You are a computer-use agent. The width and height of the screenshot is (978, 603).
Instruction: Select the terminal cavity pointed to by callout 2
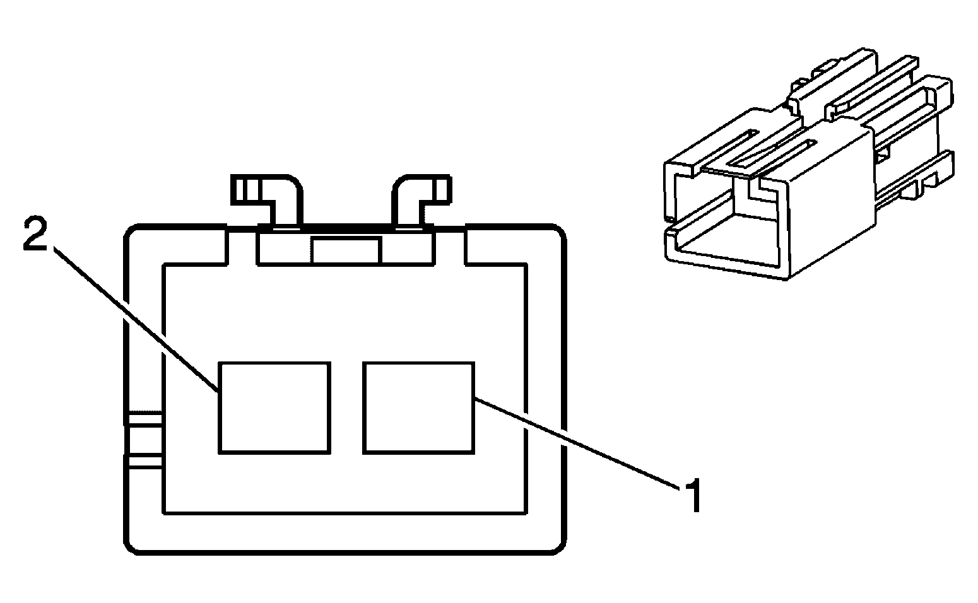[274, 408]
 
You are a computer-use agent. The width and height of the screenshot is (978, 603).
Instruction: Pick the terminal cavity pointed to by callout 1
[419, 408]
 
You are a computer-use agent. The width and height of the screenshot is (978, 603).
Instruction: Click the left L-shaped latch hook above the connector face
[267, 201]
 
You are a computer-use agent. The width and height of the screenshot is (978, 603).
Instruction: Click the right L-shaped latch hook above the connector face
[421, 201]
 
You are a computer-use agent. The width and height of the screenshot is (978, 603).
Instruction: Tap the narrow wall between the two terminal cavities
[346, 408]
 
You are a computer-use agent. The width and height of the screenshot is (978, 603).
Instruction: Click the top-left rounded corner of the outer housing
[131, 231]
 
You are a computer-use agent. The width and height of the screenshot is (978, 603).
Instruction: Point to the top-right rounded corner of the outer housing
[559, 231]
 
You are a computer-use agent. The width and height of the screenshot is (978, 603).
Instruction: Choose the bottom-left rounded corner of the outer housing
[131, 547]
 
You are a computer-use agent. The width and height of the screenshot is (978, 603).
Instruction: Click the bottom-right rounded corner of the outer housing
[559, 547]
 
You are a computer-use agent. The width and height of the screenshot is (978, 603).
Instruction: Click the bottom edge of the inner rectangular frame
[345, 513]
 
